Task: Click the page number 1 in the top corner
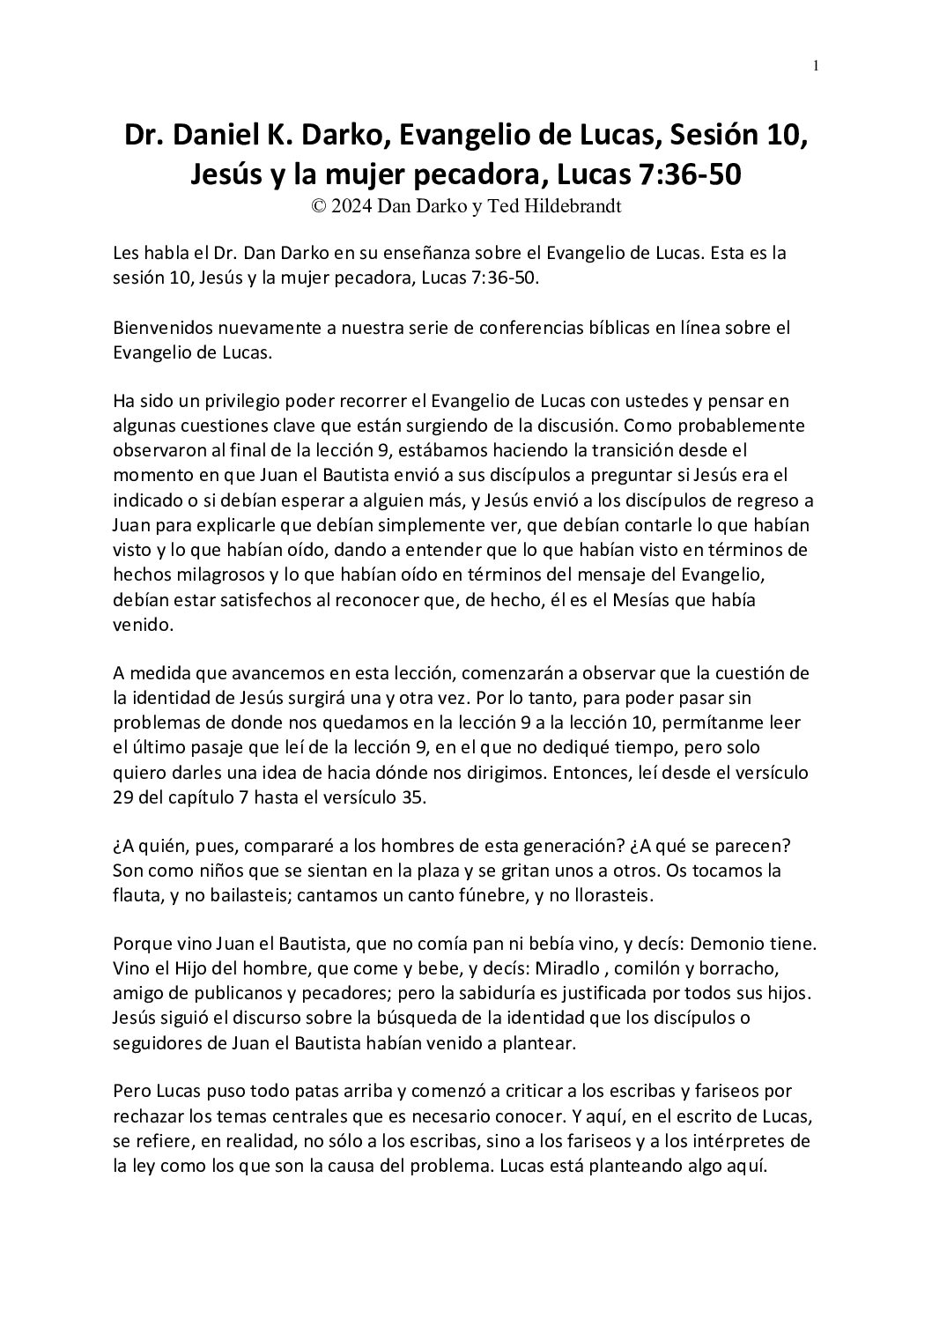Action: click(817, 64)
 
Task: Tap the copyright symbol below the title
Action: click(319, 206)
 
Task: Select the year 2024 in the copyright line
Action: click(355, 206)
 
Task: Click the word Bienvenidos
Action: click(163, 328)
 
